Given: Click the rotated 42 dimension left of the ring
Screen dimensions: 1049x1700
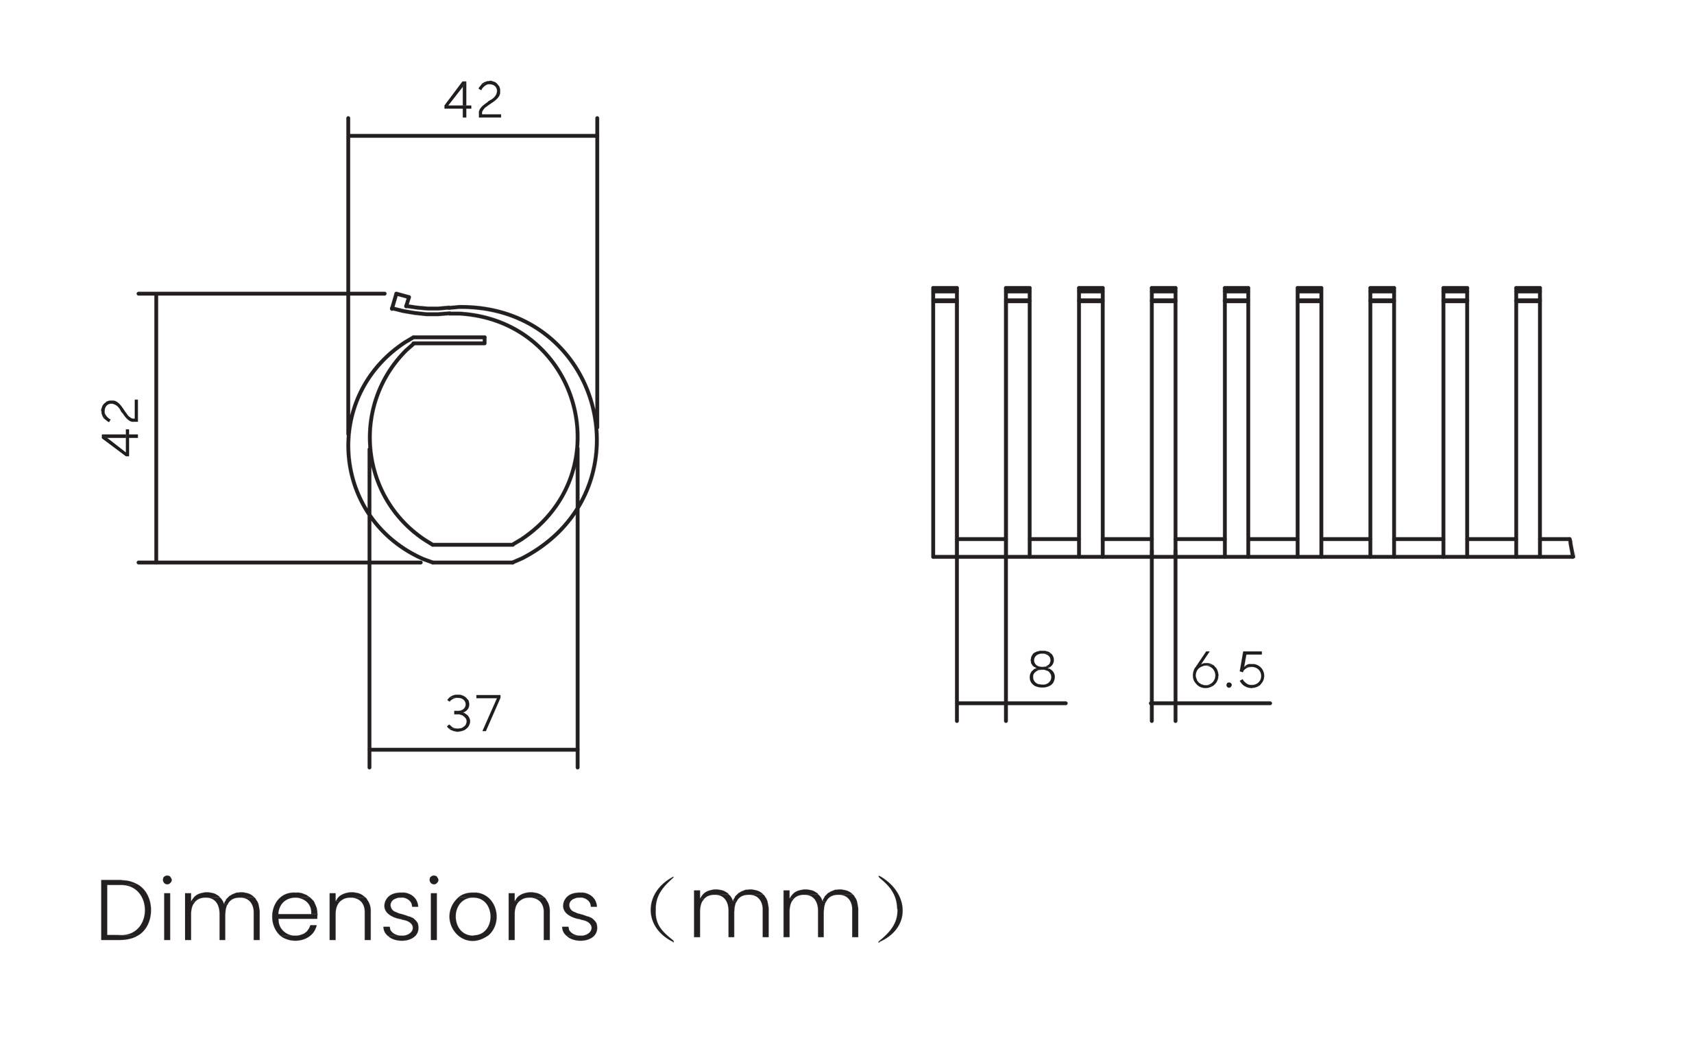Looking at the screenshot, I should pos(121,427).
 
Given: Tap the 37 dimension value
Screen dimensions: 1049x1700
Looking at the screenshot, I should pos(473,712).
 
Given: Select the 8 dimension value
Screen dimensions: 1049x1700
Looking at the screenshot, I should pos(1042,669).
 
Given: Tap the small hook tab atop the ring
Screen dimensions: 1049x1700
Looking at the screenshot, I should pos(400,301).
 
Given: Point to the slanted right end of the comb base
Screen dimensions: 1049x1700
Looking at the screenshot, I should pos(1570,547).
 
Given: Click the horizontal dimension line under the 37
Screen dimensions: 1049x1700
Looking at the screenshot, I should pos(473,749).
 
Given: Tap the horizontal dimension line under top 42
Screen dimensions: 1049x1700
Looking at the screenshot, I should pos(472,136).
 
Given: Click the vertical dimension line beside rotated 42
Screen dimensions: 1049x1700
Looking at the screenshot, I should pos(156,427).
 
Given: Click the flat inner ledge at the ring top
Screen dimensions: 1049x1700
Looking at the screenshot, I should pos(450,340).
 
